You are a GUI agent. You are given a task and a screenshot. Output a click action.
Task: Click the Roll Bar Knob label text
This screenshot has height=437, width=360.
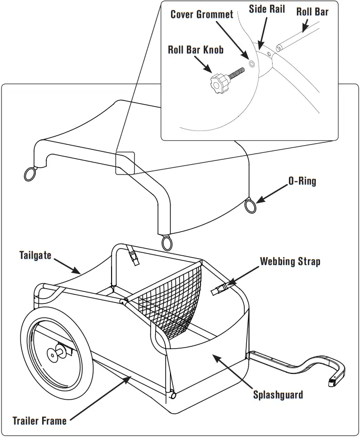[196, 50]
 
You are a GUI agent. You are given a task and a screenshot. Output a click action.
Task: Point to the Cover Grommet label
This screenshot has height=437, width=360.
[202, 14]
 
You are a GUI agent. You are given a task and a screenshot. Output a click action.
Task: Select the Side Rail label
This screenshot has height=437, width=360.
[267, 9]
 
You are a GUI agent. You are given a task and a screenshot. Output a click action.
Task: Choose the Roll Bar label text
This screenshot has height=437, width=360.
[312, 11]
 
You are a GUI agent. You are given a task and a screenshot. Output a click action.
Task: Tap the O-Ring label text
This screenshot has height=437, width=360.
[302, 181]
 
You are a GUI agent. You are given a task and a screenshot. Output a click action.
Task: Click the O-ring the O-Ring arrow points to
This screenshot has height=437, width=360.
[252, 205]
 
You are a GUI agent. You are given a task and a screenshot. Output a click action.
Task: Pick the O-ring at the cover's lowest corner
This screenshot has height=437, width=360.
[167, 242]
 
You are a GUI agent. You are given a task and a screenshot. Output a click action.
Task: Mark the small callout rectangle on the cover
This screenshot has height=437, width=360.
[125, 163]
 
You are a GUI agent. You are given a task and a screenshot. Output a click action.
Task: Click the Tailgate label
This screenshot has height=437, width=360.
[35, 256]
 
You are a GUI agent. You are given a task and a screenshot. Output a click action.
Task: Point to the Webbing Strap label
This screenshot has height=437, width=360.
[289, 261]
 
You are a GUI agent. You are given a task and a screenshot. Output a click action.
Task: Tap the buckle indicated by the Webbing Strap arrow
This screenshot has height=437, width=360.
[220, 288]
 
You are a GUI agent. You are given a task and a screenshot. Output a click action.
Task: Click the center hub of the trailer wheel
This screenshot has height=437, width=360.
[54, 354]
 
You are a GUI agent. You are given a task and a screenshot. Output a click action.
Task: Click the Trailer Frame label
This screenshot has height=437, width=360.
[39, 421]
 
